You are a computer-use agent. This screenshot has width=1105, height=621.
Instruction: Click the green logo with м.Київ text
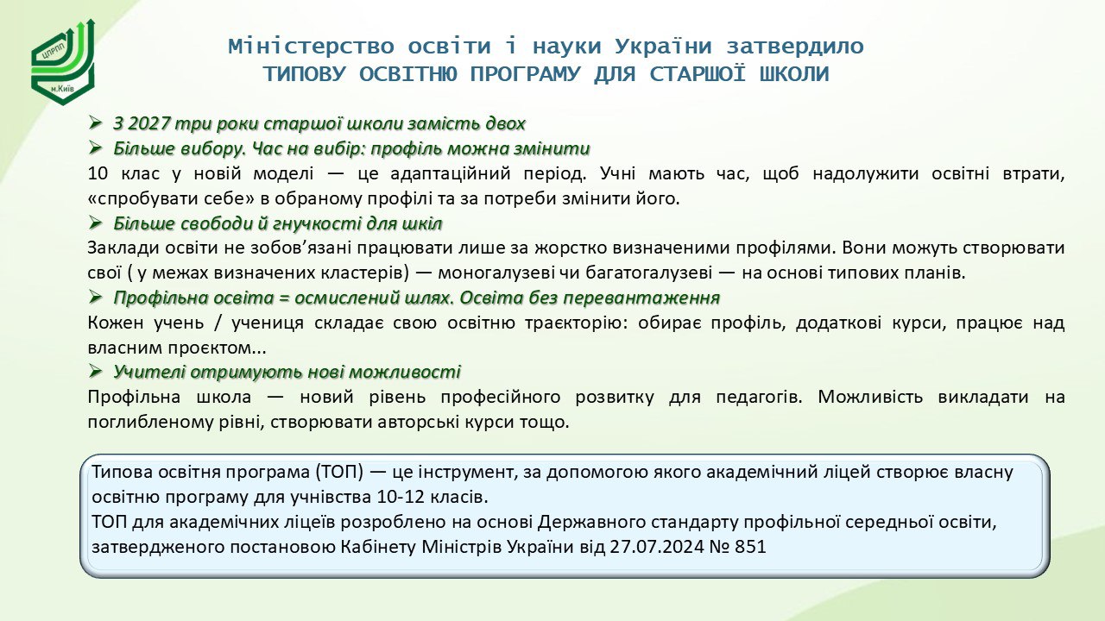pyautogui.click(x=63, y=62)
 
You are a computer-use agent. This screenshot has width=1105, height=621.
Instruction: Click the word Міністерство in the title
pyautogui.click(x=312, y=47)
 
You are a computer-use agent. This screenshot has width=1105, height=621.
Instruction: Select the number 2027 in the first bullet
pyautogui.click(x=149, y=123)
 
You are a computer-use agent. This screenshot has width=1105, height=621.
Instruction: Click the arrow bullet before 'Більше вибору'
pyautogui.click(x=95, y=147)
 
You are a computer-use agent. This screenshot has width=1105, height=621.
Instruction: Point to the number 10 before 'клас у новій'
pyautogui.click(x=98, y=173)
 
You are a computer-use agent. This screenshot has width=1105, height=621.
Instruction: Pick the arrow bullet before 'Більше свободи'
pyautogui.click(x=95, y=223)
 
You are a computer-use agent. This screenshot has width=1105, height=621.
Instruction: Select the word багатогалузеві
pyautogui.click(x=644, y=273)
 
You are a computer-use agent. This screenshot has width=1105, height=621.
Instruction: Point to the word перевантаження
pyautogui.click(x=641, y=298)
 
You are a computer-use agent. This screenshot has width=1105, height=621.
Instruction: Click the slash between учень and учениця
pyautogui.click(x=218, y=323)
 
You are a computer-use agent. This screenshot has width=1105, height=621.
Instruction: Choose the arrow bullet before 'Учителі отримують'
pyautogui.click(x=95, y=371)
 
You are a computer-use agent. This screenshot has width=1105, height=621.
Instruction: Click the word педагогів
pyautogui.click(x=759, y=398)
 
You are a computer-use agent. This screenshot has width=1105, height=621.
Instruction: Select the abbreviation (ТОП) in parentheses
pyautogui.click(x=338, y=472)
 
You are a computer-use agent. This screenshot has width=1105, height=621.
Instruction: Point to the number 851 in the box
pyautogui.click(x=750, y=547)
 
